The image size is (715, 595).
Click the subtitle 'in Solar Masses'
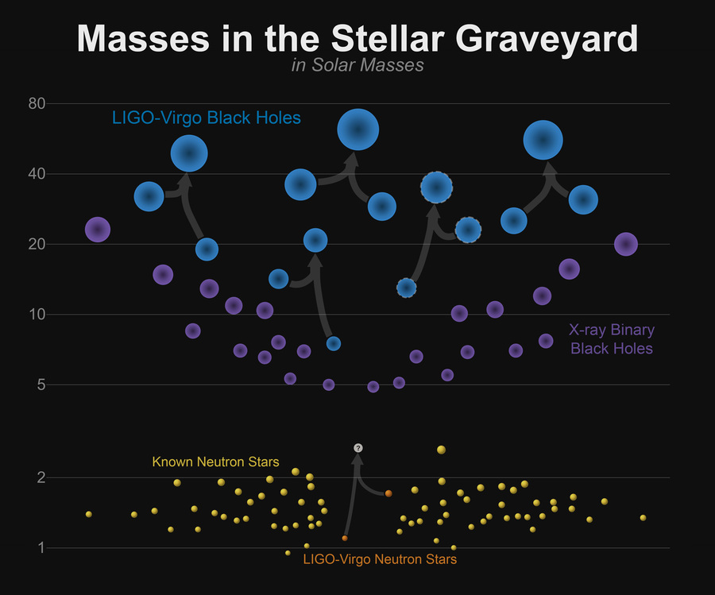(x=357, y=65)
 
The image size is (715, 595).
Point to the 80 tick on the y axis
(x=37, y=103)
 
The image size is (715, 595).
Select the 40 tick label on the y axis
(x=37, y=174)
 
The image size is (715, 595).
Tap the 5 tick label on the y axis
(x=41, y=385)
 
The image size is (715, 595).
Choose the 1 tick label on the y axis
(x=42, y=547)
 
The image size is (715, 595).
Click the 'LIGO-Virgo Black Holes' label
(x=207, y=118)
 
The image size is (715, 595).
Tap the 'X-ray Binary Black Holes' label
(x=611, y=339)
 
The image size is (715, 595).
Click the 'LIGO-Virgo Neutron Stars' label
(x=380, y=560)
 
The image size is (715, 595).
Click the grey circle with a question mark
(x=358, y=448)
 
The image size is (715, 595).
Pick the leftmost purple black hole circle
(x=97, y=230)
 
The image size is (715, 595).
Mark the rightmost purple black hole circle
(x=626, y=244)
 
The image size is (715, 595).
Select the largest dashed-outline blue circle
(x=436, y=187)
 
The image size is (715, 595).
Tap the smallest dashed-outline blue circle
(x=407, y=288)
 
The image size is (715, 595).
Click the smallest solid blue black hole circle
(x=334, y=343)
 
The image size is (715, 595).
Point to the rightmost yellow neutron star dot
(x=643, y=517)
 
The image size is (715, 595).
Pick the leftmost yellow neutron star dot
(x=88, y=514)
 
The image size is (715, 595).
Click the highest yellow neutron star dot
(x=441, y=450)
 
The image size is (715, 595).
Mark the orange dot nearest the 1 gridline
(x=345, y=538)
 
